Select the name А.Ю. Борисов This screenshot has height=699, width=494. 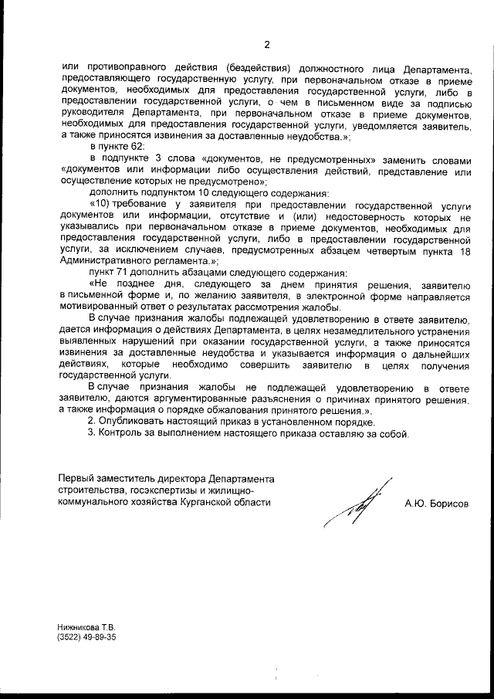[x=436, y=503]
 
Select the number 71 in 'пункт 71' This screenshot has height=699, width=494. [x=122, y=273]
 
